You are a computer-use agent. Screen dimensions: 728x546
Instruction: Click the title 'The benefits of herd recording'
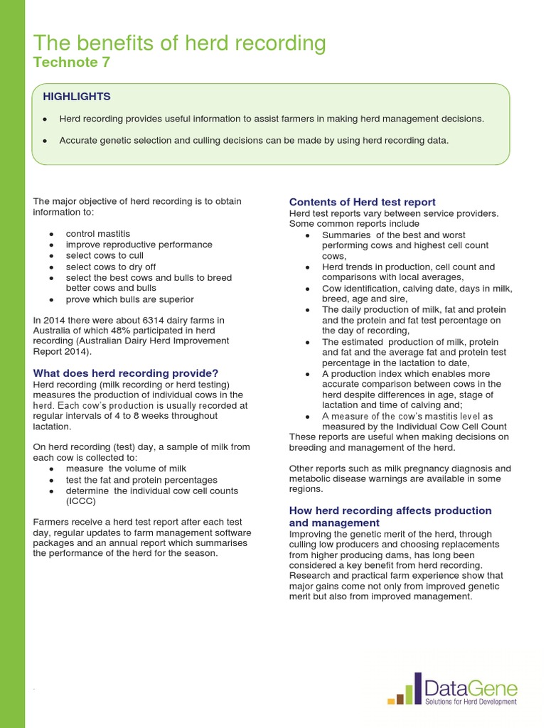coord(180,43)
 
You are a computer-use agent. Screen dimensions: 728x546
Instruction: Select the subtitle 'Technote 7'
coord(72,63)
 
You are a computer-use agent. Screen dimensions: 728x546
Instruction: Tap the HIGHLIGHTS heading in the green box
coord(77,96)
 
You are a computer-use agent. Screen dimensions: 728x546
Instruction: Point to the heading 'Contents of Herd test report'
coord(362,202)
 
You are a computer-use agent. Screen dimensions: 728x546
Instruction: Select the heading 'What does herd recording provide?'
coord(126,373)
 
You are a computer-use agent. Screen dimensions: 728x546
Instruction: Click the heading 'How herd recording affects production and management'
coord(390,516)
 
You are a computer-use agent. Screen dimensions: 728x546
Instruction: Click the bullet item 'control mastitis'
coord(98,234)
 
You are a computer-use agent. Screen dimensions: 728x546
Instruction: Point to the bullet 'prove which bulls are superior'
coord(129,299)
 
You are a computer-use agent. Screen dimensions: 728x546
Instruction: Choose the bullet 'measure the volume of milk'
coord(126,469)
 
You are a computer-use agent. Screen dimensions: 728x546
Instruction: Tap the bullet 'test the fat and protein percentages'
coord(141,480)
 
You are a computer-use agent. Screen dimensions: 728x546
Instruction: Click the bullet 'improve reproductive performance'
coord(139,245)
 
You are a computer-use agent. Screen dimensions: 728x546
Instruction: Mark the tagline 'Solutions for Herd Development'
coord(471,701)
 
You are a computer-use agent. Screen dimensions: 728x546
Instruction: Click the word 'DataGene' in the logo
coord(471,687)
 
